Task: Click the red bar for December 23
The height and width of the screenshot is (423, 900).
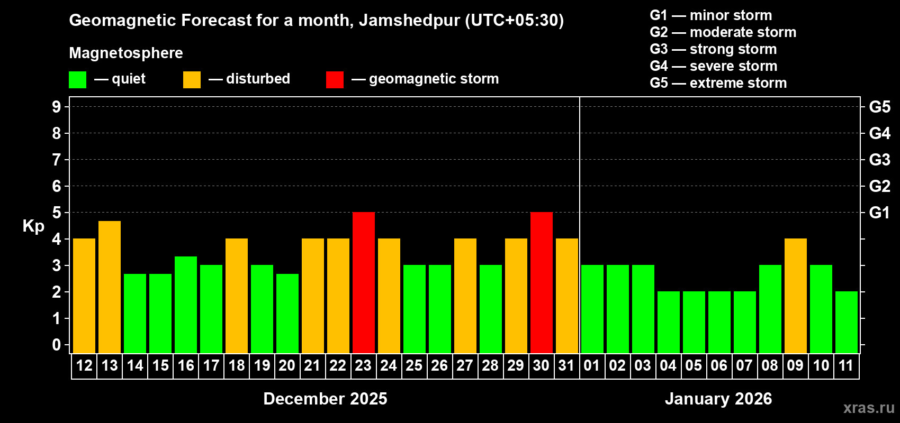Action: (x=364, y=282)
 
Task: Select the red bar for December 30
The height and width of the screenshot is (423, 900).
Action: (x=542, y=282)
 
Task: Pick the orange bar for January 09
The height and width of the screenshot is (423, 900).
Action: (x=796, y=296)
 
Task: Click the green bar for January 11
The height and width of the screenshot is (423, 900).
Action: (x=847, y=322)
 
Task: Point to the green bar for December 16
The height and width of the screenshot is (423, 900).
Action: (x=186, y=305)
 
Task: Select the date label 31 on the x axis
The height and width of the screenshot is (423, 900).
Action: (x=566, y=366)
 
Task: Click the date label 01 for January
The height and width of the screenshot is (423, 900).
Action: (x=591, y=366)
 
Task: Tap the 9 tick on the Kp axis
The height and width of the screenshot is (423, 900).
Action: (x=57, y=107)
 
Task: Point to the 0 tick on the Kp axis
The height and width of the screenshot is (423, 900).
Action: (x=57, y=345)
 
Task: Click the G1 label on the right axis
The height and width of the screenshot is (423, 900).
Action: (x=879, y=213)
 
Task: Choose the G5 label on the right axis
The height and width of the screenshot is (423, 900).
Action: (x=879, y=107)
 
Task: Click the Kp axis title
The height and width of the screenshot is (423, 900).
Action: (x=33, y=226)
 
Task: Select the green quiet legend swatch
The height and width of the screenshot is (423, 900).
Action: (x=78, y=80)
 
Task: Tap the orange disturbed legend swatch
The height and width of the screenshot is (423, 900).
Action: (x=192, y=80)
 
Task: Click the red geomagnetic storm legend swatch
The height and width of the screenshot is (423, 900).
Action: (x=335, y=80)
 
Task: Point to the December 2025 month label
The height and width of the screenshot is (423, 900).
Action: (x=325, y=399)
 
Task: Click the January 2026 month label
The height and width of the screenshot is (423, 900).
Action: (x=718, y=399)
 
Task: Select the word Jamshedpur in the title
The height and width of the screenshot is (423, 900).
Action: (x=409, y=21)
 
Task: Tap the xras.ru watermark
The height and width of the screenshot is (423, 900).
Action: (x=869, y=408)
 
